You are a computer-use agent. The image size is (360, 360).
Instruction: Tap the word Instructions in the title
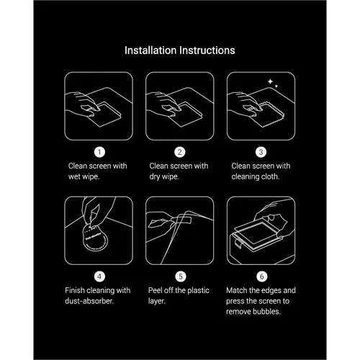(x=207, y=50)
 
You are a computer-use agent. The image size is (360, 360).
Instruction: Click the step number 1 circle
(x=99, y=152)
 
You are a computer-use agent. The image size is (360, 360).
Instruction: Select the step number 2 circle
(x=180, y=152)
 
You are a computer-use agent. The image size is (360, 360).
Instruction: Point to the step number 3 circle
(x=261, y=152)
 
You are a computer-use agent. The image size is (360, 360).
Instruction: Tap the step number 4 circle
(x=99, y=276)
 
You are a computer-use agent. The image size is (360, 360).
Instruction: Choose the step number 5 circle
(x=181, y=276)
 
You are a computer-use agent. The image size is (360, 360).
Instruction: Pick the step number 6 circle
(x=262, y=276)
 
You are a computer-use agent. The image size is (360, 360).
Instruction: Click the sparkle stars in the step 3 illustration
(x=273, y=83)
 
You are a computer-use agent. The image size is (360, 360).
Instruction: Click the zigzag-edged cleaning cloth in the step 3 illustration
(x=267, y=114)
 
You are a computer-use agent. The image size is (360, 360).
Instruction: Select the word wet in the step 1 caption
(x=74, y=176)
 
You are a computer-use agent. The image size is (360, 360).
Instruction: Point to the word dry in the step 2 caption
(x=155, y=177)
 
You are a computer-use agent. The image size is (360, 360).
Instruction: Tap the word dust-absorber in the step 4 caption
(x=89, y=301)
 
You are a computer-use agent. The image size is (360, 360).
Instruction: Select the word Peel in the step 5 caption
(x=155, y=290)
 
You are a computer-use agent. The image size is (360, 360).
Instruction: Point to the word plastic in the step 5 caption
(x=198, y=291)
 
